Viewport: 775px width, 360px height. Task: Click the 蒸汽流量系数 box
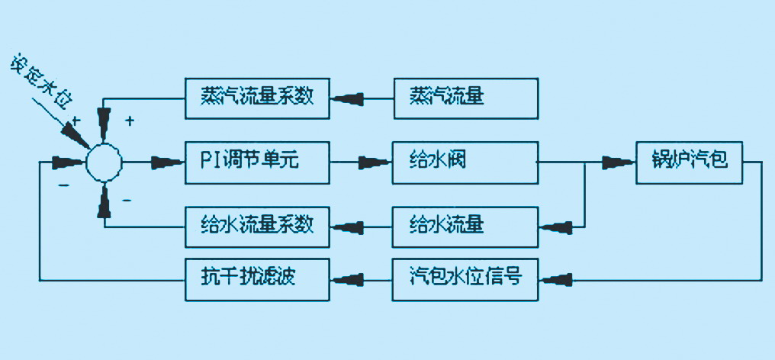[259, 98]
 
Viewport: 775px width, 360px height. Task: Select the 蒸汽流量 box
[465, 98]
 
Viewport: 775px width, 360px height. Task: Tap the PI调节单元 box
[259, 162]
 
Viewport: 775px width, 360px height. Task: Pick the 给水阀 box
[465, 162]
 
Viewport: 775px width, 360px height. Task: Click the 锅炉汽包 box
[690, 162]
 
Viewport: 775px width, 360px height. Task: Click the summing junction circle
[104, 162]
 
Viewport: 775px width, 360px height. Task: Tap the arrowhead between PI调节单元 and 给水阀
[372, 162]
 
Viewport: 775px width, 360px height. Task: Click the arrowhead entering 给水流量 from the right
[554, 226]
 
